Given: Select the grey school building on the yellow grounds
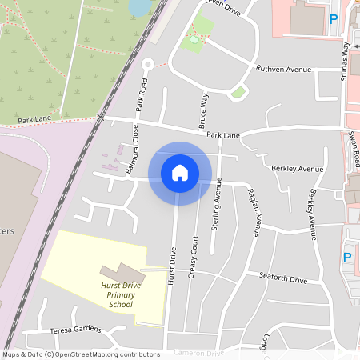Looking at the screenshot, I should [117, 274].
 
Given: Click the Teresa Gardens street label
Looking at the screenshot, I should [76, 329].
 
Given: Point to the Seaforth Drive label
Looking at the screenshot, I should [283, 279].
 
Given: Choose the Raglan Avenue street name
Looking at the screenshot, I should [254, 213].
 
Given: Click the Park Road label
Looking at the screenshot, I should [142, 94].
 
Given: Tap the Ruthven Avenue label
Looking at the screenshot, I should [282, 70].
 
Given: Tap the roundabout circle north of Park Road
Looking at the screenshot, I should [146, 65].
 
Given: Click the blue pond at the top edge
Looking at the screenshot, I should [140, 6].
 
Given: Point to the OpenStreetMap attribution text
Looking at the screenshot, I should [80, 354].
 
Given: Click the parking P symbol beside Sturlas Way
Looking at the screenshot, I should [334, 18].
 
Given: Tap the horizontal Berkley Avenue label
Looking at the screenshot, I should [297, 169].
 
